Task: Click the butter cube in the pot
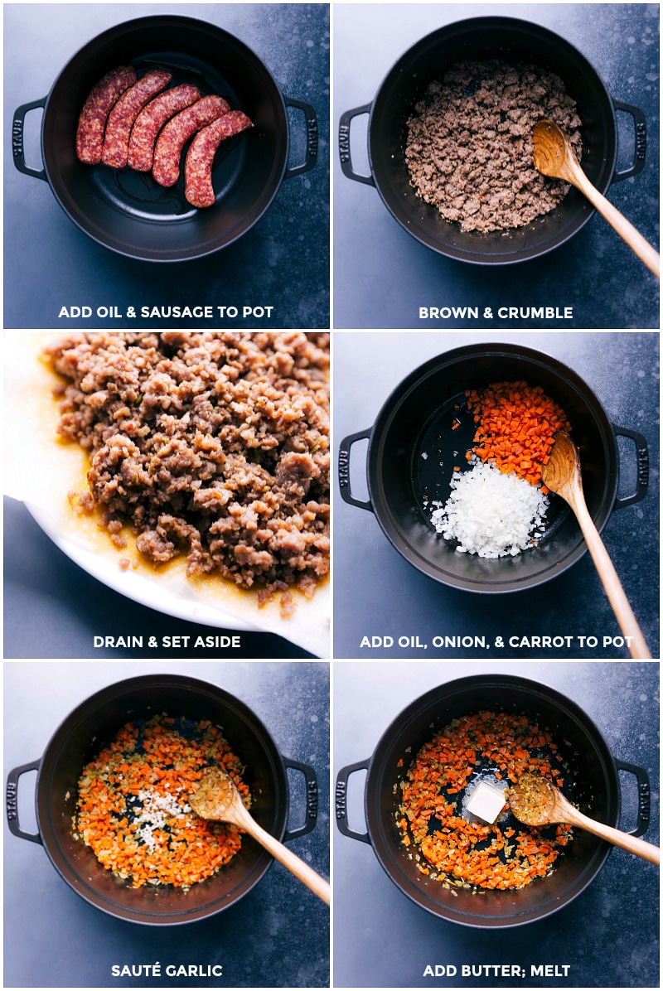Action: click(486, 801)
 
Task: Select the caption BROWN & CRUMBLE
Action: click(496, 312)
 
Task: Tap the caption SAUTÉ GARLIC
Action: click(167, 970)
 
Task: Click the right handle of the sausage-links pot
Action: click(303, 138)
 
